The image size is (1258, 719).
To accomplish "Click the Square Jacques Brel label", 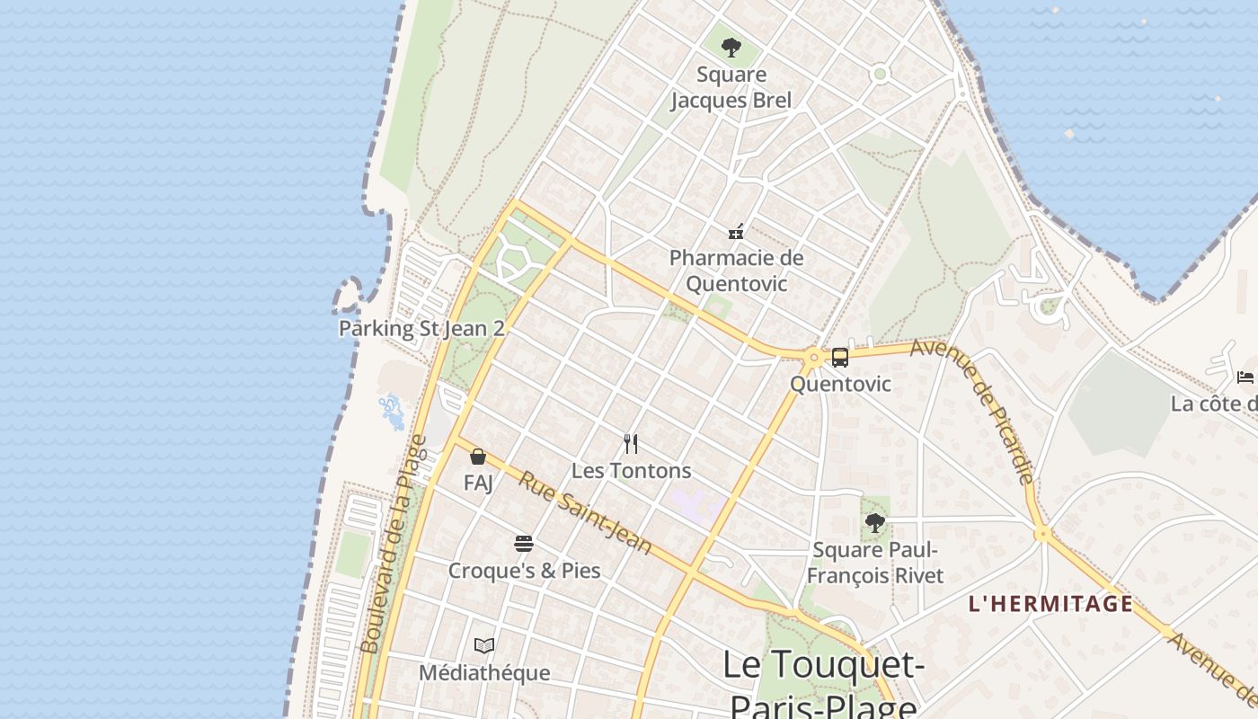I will click(731, 87).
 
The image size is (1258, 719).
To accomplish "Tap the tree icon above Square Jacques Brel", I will click(731, 47).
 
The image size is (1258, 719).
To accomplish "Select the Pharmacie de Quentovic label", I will click(736, 271).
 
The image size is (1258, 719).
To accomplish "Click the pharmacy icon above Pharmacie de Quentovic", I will click(736, 232).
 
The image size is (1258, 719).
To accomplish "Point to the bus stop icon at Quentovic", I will click(840, 358).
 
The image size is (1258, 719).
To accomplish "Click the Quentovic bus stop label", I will click(840, 384).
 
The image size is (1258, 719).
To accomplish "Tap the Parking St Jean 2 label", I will click(421, 328).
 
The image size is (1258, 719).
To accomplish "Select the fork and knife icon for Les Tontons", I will click(631, 444).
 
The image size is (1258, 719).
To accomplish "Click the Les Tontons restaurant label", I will click(631, 470).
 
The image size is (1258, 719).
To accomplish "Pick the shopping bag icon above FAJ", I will click(478, 457).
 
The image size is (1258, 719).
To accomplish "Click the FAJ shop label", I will click(478, 483).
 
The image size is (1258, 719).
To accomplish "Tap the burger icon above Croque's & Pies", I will click(524, 543).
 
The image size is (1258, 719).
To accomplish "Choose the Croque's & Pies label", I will click(524, 570).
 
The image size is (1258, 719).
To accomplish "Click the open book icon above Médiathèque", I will click(484, 645).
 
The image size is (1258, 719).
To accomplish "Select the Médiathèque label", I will click(484, 672).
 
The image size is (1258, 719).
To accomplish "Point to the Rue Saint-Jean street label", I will click(584, 512).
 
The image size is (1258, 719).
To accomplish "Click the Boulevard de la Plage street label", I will click(393, 544).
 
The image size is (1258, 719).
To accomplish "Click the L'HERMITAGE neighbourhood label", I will click(1050, 603).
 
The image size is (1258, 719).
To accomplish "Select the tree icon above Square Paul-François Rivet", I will click(874, 522).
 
